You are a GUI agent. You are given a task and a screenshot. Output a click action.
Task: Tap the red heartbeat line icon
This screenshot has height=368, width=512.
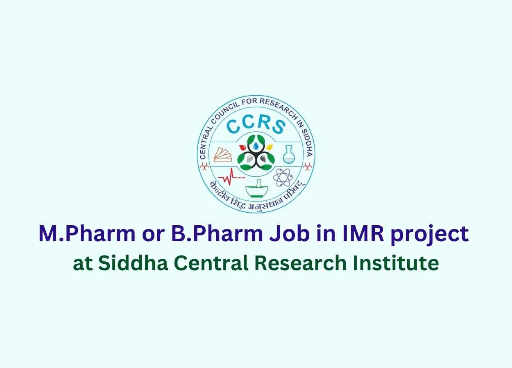pos(231,177)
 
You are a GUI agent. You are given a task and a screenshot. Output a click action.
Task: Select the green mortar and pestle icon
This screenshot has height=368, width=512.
pos(257,188)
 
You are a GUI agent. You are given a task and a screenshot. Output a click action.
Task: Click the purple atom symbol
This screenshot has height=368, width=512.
pos(283,177)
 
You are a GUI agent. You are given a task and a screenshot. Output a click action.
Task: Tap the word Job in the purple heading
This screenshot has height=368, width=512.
pos(288,233)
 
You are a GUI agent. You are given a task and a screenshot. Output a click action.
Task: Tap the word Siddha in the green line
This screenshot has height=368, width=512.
pos(133,263)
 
